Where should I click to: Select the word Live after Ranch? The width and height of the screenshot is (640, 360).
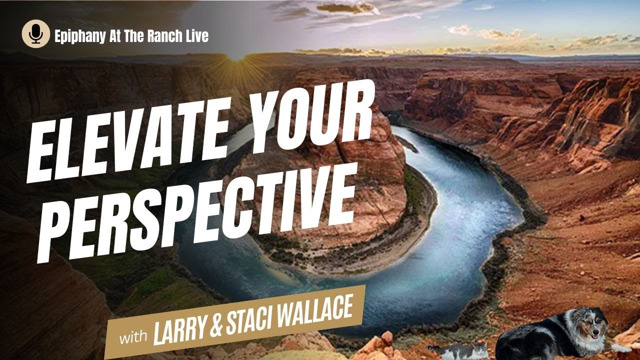point(198,35)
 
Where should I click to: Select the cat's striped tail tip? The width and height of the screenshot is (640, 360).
point(431,346)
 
